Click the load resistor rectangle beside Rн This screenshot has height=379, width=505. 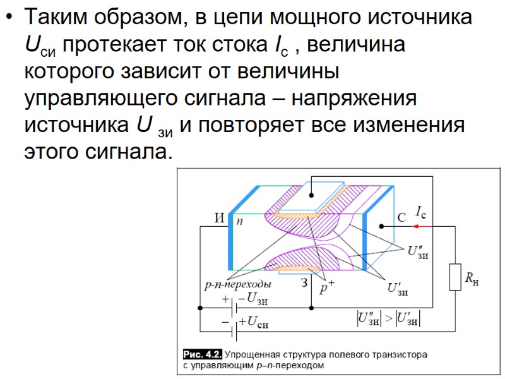455,277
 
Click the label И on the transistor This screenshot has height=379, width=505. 220,218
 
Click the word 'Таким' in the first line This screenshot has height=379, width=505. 52,17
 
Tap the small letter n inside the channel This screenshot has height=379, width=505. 240,221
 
